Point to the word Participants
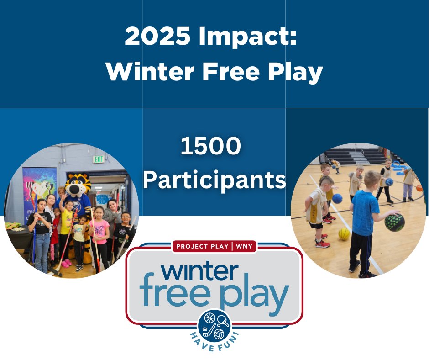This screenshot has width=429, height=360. pos(214,180)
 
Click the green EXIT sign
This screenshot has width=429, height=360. pos(99,159)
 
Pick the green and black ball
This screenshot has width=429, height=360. pos(394,222)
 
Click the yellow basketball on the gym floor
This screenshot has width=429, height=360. pos(344,233)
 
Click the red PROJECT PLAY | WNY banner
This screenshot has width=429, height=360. pos(214,246)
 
